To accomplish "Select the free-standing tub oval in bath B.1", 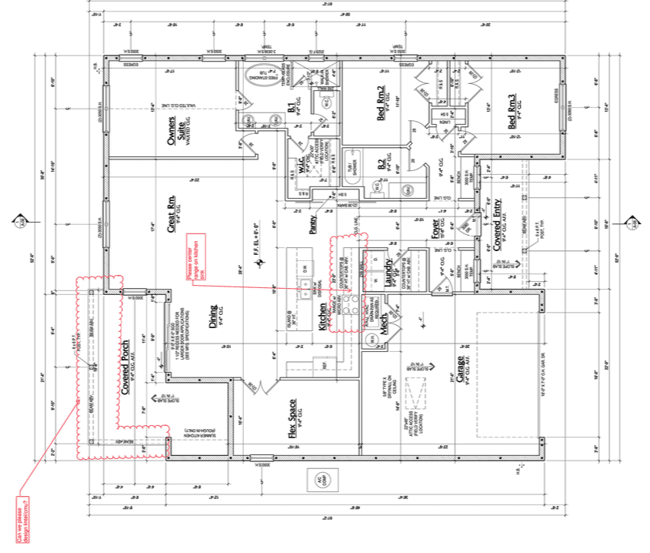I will tap(264, 76).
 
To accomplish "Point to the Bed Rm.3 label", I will tap(512, 112).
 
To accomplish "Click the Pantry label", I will tap(312, 224).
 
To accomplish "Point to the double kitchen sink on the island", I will tap(311, 288).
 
